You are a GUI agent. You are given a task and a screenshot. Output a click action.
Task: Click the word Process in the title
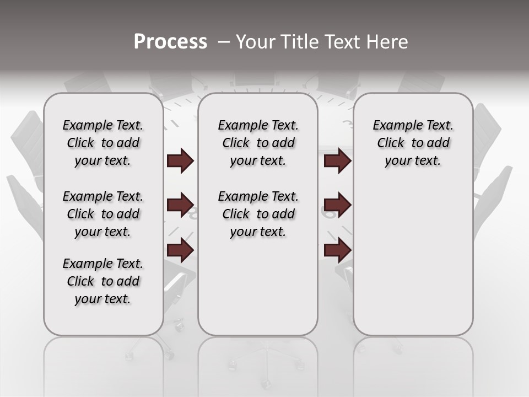click(x=170, y=41)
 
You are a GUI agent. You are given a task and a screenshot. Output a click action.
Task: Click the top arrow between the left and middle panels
click(x=180, y=161)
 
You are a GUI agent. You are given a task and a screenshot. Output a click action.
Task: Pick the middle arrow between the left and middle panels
click(x=180, y=205)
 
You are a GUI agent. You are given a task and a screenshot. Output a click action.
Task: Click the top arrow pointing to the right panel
click(x=337, y=161)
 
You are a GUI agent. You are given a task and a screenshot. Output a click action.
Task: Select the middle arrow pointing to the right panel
click(x=337, y=205)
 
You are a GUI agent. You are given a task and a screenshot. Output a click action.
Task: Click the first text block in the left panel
click(x=103, y=143)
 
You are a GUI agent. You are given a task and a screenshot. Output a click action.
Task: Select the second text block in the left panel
click(x=103, y=214)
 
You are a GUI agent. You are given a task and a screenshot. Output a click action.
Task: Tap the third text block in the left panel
click(x=103, y=281)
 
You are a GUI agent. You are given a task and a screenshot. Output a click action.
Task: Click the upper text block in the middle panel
click(x=258, y=143)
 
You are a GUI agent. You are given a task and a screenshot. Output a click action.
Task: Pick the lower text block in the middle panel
click(x=258, y=214)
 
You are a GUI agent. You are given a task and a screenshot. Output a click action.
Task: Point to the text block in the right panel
click(x=413, y=143)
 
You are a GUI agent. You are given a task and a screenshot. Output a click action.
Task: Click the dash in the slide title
click(x=224, y=41)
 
